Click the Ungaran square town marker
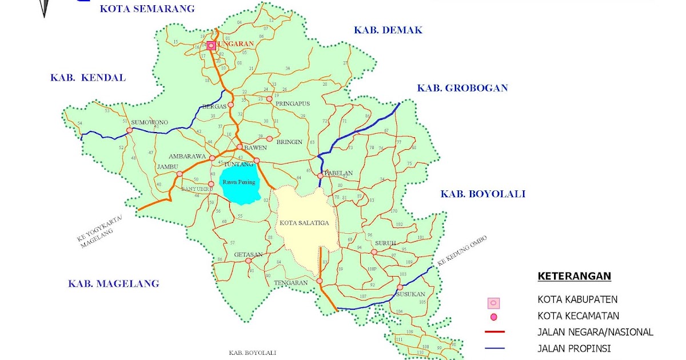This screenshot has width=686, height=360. pyautogui.click(x=211, y=46)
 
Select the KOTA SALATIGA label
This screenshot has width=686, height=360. pyautogui.click(x=305, y=223)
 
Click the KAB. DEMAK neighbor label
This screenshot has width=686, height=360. pyautogui.click(x=388, y=30)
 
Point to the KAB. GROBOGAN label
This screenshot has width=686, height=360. pyautogui.click(x=462, y=88)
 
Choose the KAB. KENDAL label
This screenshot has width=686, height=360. pyautogui.click(x=88, y=78)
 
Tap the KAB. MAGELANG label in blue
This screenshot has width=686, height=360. pyautogui.click(x=113, y=283)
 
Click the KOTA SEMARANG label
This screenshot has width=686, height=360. pyautogui.click(x=147, y=9)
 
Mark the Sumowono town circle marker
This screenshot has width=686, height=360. pyautogui.click(x=129, y=130)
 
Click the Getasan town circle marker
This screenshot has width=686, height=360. pyautogui.click(x=248, y=261)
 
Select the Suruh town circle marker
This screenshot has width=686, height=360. pyautogui.click(x=374, y=252)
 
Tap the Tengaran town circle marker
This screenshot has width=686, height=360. pyautogui.click(x=320, y=281)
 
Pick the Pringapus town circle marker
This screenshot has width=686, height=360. pyautogui.click(x=269, y=98)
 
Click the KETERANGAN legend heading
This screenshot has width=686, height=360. pyautogui.click(x=574, y=277)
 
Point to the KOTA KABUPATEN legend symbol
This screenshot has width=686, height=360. pyautogui.click(x=493, y=303)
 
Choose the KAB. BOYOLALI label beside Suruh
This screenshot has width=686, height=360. pyautogui.click(x=482, y=194)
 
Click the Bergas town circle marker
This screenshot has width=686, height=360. pyautogui.click(x=231, y=105)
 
